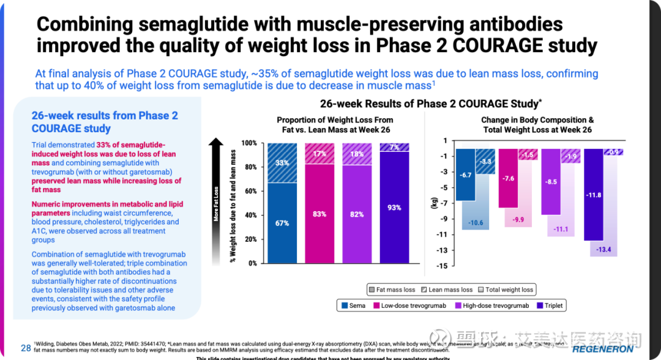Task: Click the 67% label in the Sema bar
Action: pos(282,223)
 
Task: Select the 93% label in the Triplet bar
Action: pos(394,208)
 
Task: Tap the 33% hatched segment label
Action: pos(282,163)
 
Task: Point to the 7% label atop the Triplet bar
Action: pos(394,148)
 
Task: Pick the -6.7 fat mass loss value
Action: pos(466,175)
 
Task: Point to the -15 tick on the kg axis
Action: pos(441,265)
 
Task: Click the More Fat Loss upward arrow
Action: pos(215,184)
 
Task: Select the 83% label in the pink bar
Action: pos(319,214)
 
